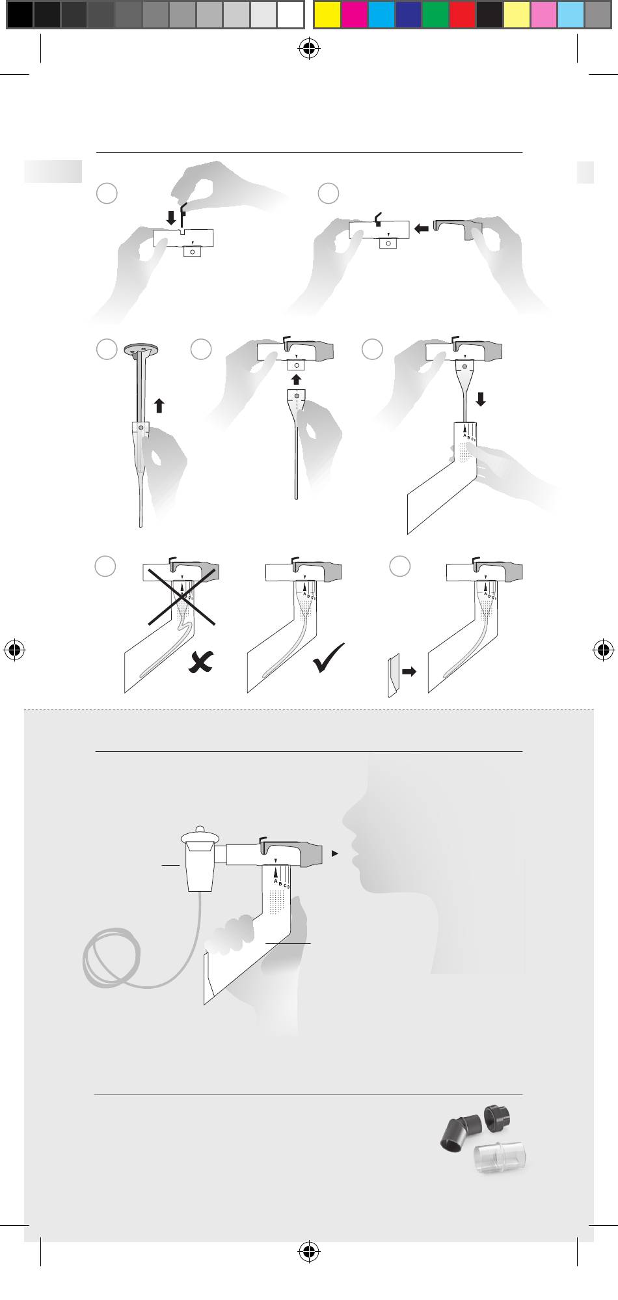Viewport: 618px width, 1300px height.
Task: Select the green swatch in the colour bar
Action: coord(435,14)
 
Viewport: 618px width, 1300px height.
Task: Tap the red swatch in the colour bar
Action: coord(462,14)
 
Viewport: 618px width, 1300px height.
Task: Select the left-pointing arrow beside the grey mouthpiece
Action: coord(421,228)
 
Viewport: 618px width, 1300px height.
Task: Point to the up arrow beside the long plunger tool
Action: coord(159,406)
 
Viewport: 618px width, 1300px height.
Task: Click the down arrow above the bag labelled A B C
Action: coord(481,398)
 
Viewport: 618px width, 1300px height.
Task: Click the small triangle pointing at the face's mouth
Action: coord(334,853)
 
